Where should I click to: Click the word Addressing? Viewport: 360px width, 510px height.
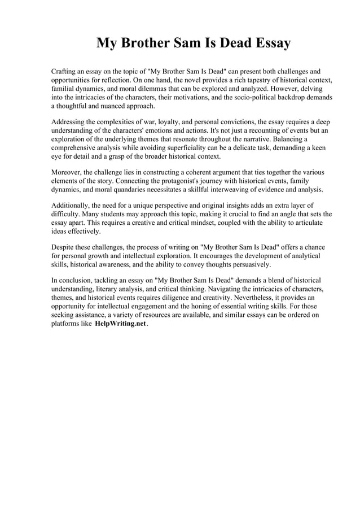click(69, 122)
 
